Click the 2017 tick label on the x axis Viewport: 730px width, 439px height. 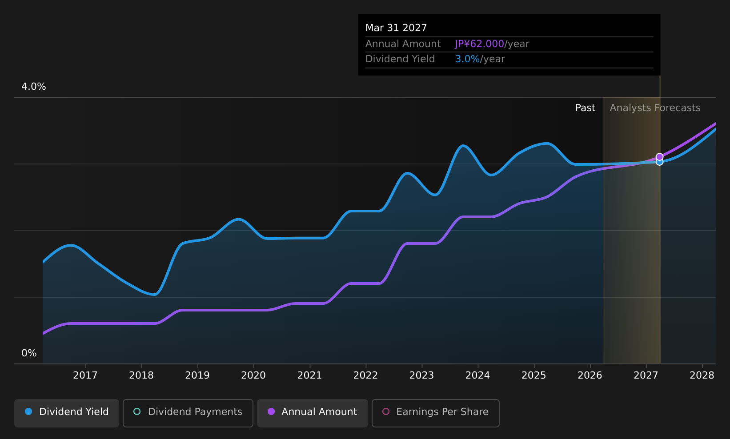[85, 375]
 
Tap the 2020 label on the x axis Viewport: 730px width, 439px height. [253, 375]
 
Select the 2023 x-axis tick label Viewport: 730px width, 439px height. [421, 375]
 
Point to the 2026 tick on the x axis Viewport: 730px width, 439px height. [590, 375]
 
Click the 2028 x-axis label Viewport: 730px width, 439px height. [702, 375]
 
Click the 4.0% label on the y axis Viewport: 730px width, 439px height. [34, 87]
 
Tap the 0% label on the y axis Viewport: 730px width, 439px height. [29, 353]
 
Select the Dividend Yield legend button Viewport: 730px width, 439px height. [67, 412]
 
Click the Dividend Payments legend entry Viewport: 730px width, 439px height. [188, 412]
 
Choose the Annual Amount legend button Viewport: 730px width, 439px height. [312, 412]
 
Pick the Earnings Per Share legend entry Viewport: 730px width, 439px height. [435, 412]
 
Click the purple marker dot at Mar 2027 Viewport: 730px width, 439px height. [659, 157]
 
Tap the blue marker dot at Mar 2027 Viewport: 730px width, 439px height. [659, 162]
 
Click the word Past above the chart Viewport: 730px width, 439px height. [585, 108]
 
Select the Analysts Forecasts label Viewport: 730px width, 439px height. [654, 108]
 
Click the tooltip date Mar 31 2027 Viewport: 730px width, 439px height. [396, 28]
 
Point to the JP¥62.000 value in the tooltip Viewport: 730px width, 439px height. [479, 44]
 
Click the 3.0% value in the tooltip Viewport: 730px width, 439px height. [467, 59]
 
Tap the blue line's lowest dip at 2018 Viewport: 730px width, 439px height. [154, 294]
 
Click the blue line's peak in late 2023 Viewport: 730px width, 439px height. [463, 146]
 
